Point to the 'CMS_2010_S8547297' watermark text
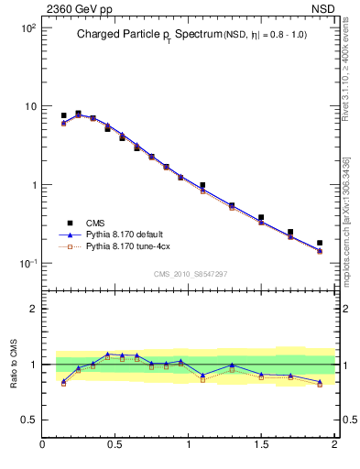click(190, 274)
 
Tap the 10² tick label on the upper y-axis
click(27, 28)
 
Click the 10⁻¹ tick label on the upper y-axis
click(27, 264)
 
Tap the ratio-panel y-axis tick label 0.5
click(28, 420)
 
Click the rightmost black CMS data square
click(320, 243)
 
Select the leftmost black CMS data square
click(63, 116)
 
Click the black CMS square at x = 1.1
click(202, 185)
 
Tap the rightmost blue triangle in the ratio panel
click(320, 382)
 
